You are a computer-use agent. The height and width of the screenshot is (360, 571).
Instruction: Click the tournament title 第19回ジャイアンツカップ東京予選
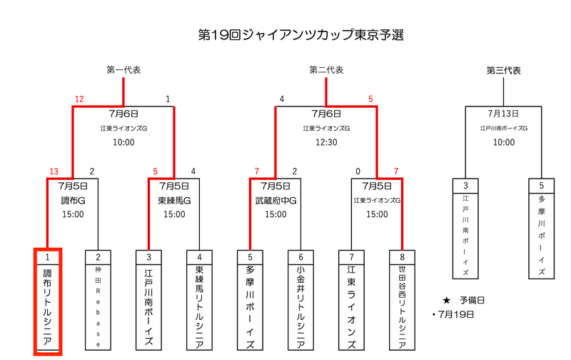[300, 35]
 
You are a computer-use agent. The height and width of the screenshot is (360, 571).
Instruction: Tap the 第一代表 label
[123, 70]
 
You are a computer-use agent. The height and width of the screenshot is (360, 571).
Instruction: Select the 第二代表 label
[326, 70]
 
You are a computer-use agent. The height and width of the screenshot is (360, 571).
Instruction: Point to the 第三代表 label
[504, 70]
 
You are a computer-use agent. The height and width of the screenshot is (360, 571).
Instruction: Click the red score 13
[54, 171]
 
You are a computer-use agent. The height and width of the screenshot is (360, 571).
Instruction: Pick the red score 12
[79, 99]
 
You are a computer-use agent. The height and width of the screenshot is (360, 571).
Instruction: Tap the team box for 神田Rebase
[98, 300]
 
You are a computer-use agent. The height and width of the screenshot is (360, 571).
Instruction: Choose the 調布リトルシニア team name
[47, 307]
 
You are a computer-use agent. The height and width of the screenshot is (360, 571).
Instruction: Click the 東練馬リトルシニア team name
[199, 307]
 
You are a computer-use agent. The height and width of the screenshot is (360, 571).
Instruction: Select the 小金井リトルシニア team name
[300, 307]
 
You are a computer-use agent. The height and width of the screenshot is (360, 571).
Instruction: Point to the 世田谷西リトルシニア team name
[402, 307]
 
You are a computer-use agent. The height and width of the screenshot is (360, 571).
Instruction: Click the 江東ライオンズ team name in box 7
[351, 307]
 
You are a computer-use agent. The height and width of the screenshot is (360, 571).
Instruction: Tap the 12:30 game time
[326, 142]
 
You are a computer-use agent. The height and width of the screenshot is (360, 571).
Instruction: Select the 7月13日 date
[504, 114]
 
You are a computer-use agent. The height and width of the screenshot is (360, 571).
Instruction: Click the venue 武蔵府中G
[276, 201]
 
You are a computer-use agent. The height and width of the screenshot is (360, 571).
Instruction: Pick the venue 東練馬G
[174, 201]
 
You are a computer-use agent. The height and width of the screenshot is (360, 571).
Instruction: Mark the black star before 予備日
[447, 301]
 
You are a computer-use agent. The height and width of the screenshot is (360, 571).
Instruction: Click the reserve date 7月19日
[456, 314]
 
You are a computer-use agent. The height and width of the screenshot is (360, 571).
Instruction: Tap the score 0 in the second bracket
[358, 171]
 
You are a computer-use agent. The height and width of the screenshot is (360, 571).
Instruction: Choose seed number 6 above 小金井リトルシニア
[300, 257]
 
